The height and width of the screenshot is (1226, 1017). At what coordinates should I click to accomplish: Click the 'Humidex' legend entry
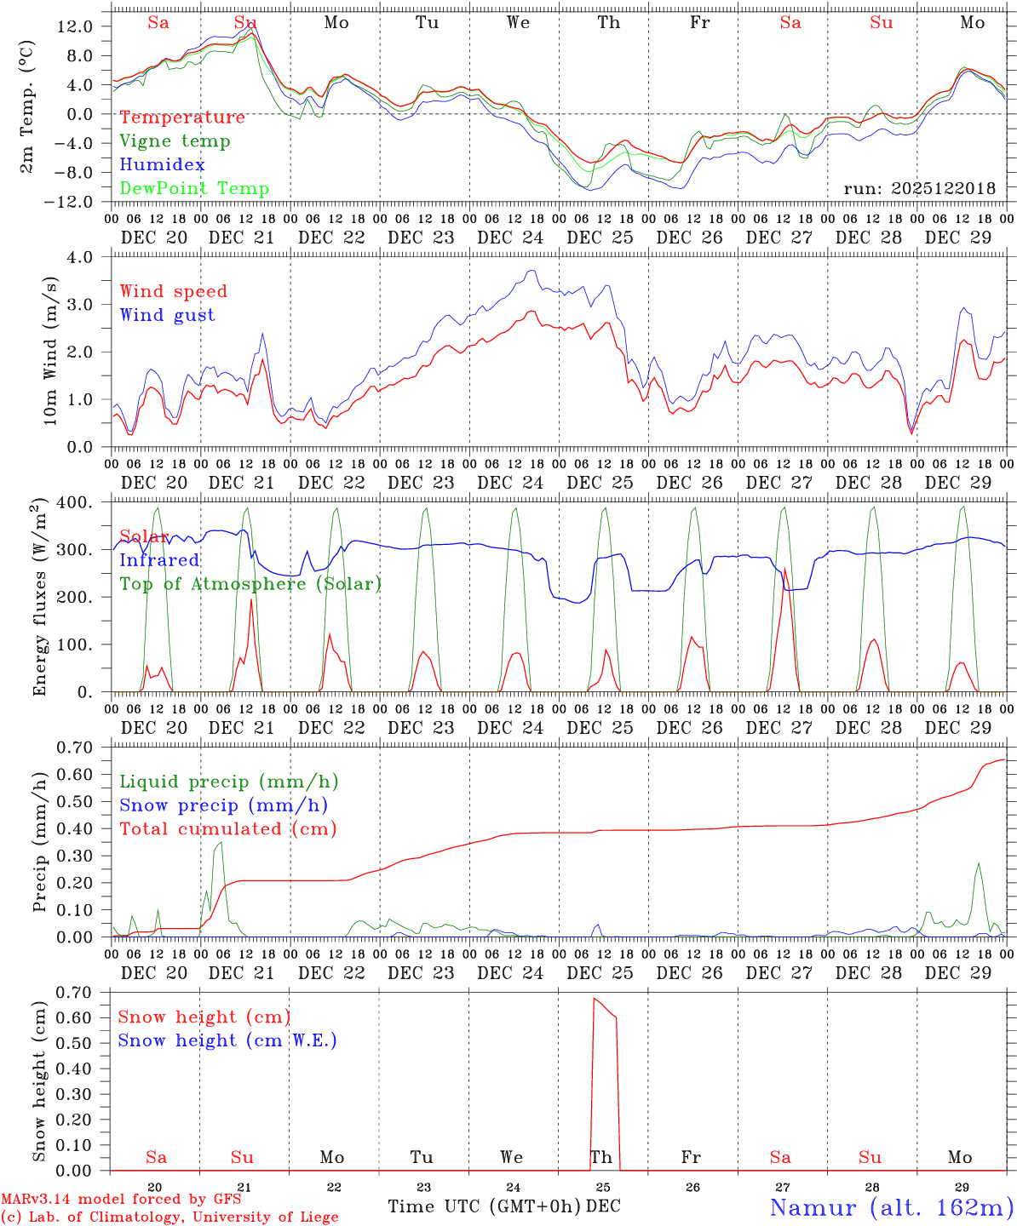pos(162,165)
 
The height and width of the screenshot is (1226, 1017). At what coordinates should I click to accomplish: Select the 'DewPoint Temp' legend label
pos(194,189)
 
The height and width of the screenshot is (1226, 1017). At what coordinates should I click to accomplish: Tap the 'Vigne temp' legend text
pos(175,141)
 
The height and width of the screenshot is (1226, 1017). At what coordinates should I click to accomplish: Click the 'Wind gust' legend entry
pos(167,315)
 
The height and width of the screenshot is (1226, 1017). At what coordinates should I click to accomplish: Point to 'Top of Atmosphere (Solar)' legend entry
pos(250,584)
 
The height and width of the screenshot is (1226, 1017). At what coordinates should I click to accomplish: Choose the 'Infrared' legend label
pos(159,560)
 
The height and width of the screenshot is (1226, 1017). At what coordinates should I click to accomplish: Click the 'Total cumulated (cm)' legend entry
pos(227,828)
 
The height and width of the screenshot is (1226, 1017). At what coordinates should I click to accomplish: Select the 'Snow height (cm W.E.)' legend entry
pos(227,1040)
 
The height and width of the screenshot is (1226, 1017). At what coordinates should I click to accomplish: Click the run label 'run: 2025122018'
pos(919,189)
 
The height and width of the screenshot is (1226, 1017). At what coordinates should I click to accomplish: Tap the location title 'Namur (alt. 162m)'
pos(891,1207)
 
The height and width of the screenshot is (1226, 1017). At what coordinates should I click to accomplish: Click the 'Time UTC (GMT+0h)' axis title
pos(485,1206)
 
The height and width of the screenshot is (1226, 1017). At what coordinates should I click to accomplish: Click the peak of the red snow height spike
pos(595,998)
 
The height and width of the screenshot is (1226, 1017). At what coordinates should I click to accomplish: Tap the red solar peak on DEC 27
pos(784,570)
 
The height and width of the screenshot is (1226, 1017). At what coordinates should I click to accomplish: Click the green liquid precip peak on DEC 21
pos(221,843)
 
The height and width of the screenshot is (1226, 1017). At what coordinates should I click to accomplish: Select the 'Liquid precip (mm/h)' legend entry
pos(228,782)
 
